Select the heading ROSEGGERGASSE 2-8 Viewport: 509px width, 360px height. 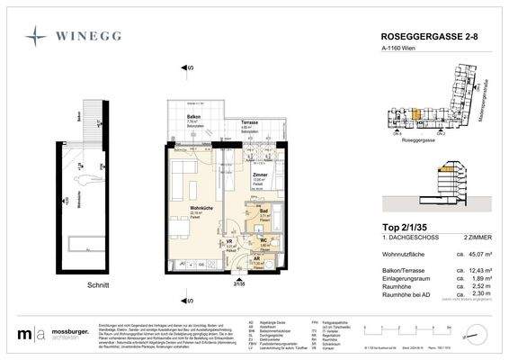pos(415,38)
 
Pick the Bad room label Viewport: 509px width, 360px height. pos(265,211)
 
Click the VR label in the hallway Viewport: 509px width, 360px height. pos(229,242)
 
